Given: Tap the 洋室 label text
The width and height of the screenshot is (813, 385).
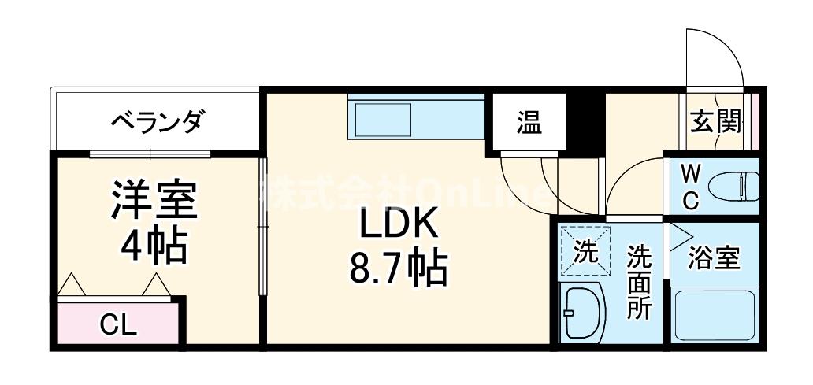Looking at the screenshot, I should tap(154, 202).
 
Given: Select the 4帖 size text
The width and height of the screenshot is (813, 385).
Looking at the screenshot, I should tap(154, 246).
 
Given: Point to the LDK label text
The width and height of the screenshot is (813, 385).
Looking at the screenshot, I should tap(398, 226).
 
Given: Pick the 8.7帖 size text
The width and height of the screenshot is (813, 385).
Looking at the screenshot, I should tap(398, 270).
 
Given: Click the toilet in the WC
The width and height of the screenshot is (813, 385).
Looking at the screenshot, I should tap(732, 188).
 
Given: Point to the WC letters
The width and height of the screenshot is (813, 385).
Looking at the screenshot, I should tap(689, 187).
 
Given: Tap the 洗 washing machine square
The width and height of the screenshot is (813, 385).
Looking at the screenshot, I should tap(585, 251).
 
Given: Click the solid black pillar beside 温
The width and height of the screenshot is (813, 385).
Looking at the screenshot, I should tap(584, 123).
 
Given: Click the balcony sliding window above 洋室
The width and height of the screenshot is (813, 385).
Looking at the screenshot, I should tap(150, 152).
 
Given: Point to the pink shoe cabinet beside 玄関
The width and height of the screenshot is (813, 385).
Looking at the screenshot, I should tap(755, 122).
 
